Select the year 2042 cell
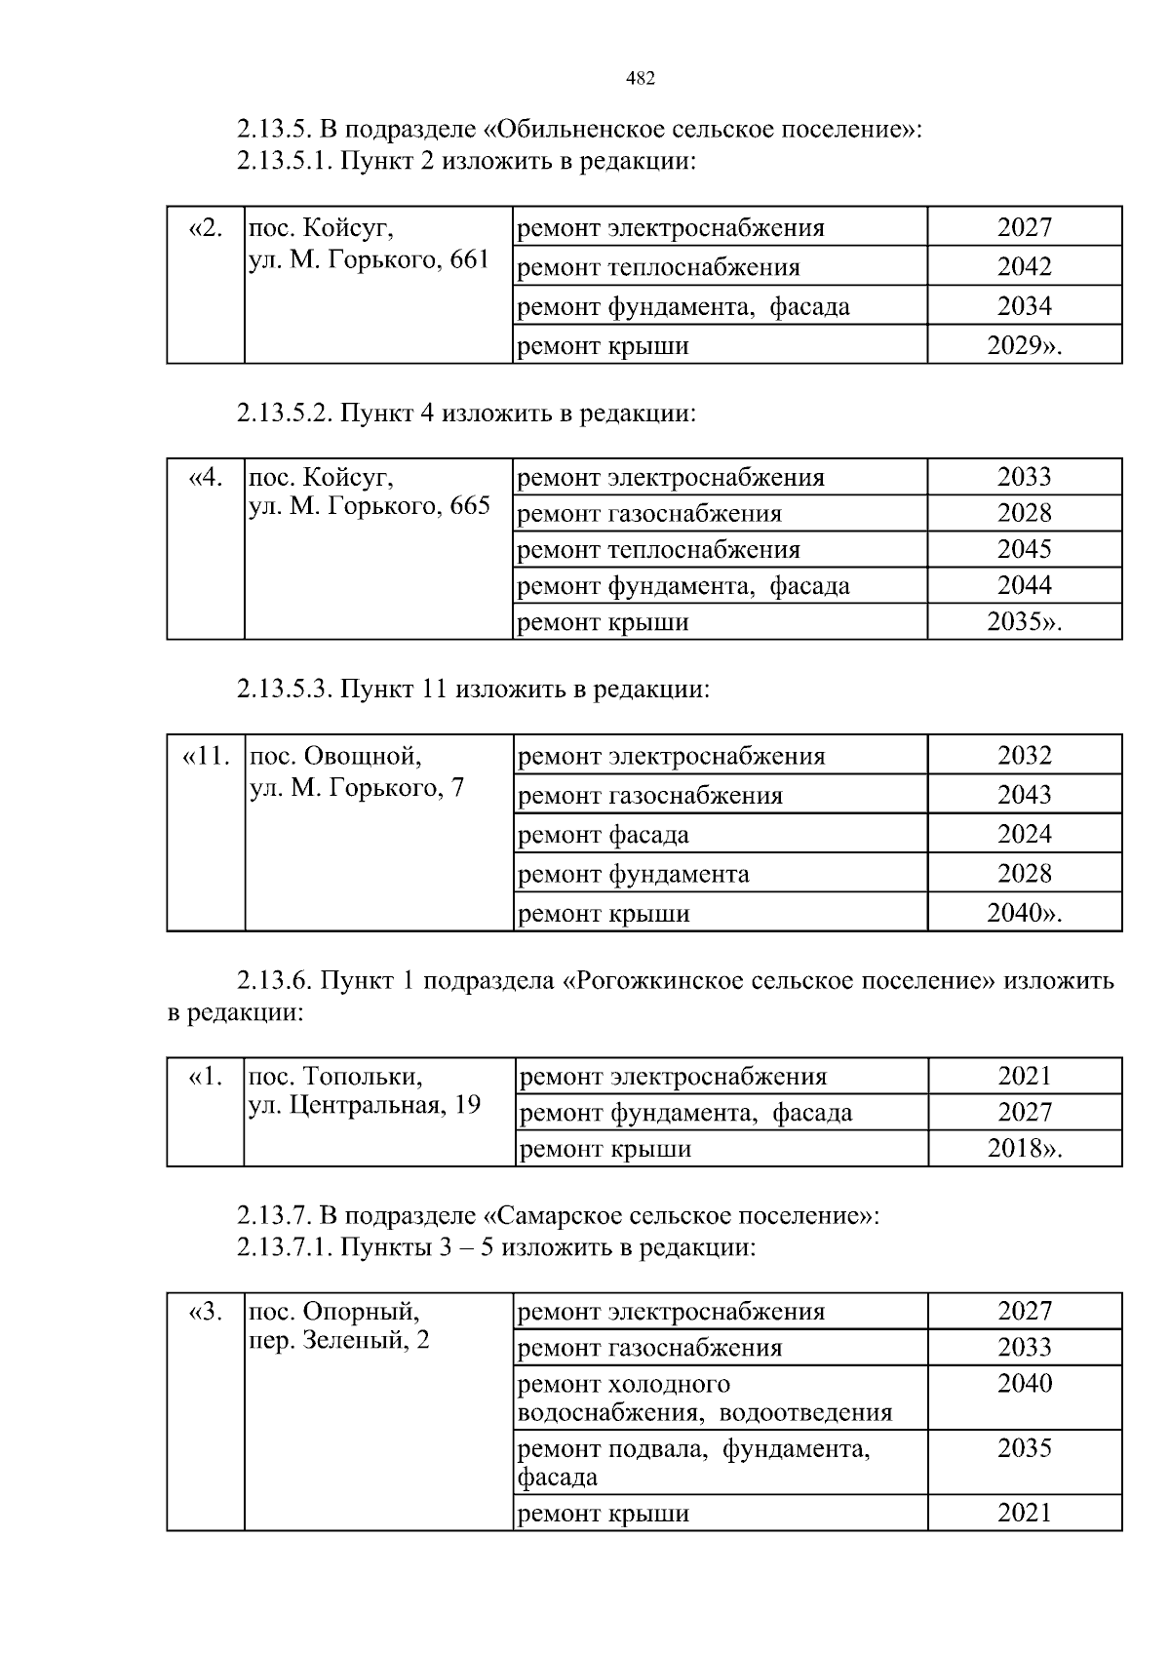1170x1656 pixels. (1024, 266)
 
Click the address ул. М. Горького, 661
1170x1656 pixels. (370, 259)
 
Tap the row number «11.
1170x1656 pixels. (206, 756)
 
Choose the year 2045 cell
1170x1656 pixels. (1024, 549)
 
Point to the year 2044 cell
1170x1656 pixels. (1024, 585)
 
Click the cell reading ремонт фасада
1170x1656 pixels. (604, 835)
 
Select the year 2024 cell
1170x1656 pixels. (1024, 834)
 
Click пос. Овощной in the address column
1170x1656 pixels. (335, 756)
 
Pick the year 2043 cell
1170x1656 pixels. (1024, 795)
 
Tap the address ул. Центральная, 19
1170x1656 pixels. (365, 1105)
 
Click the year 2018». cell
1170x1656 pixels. (1024, 1148)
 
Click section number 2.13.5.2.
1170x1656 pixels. (286, 414)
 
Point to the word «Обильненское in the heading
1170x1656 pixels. (566, 129)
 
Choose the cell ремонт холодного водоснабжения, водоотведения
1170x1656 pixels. (704, 1399)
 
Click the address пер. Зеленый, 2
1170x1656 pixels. (339, 1340)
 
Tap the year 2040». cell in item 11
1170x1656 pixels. (1024, 913)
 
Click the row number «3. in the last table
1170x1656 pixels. (206, 1312)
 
